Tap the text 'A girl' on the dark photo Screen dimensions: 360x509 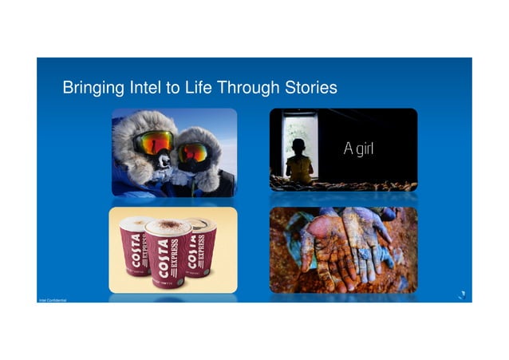click(x=358, y=148)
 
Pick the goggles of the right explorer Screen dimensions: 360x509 click(x=194, y=152)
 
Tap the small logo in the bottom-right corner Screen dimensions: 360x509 click(x=460, y=295)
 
